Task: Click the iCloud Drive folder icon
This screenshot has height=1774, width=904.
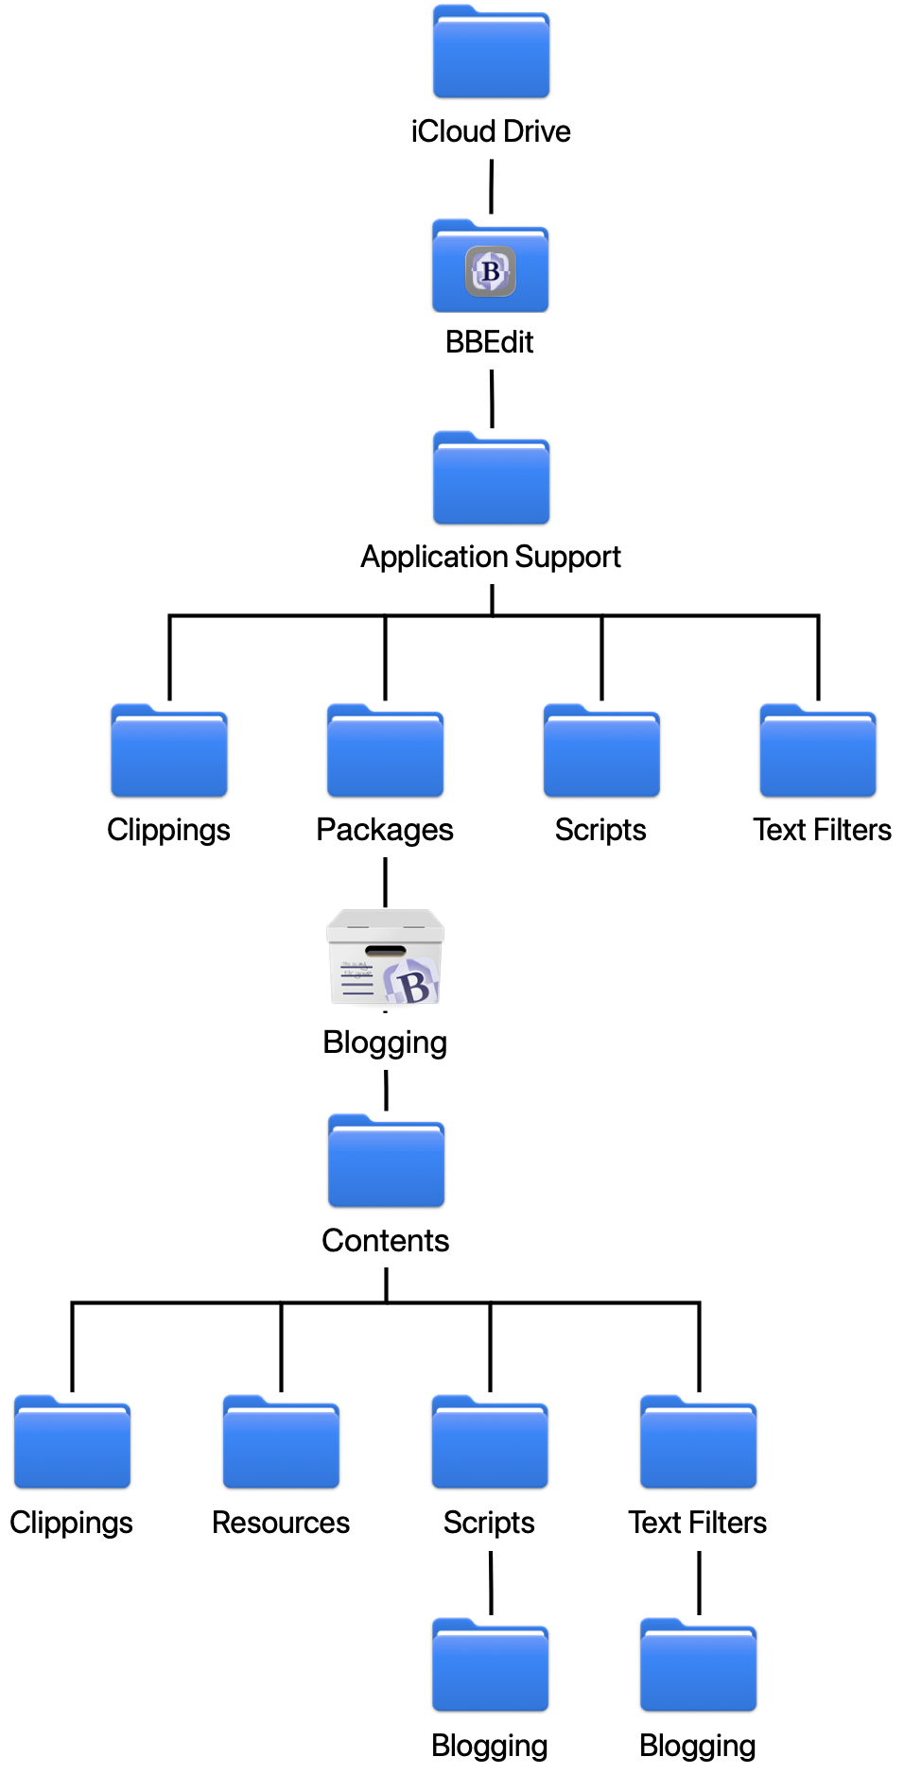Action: click(491, 54)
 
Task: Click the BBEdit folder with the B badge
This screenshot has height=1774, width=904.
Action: click(490, 268)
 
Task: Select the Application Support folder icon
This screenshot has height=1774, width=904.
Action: click(491, 480)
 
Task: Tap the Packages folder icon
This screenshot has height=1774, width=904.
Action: click(385, 753)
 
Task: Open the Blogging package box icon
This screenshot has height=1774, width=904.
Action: click(385, 958)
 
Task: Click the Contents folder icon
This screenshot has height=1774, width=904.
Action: click(386, 1163)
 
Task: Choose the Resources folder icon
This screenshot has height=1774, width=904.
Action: click(281, 1444)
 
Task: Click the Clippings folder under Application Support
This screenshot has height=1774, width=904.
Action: click(169, 753)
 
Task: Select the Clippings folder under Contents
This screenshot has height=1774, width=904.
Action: click(72, 1444)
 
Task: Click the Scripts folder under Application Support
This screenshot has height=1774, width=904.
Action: click(601, 753)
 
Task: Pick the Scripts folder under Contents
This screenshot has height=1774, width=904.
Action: click(490, 1444)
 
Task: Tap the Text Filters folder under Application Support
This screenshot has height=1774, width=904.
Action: click(818, 753)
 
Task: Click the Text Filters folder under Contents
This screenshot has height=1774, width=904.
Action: click(698, 1444)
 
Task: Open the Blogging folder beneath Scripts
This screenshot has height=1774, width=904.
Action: click(490, 1667)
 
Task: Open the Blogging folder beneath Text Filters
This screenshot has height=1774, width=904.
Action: click(698, 1667)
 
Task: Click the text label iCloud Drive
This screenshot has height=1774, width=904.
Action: click(491, 131)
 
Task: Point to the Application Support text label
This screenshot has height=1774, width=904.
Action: click(491, 557)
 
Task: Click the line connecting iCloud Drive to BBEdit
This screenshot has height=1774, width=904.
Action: click(491, 187)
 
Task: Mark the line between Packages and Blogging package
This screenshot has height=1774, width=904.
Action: click(385, 883)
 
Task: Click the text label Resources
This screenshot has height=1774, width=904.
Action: click(281, 1523)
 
